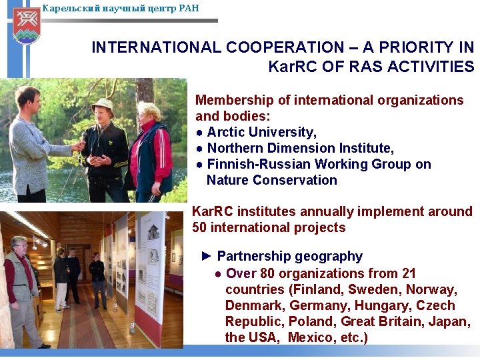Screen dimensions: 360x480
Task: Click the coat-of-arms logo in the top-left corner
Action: pyautogui.click(x=26, y=25)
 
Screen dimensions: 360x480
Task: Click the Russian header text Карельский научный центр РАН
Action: pyautogui.click(x=120, y=9)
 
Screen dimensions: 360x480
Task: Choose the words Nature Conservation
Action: pyautogui.click(x=271, y=180)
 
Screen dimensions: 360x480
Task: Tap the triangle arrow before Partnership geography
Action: pyautogui.click(x=207, y=256)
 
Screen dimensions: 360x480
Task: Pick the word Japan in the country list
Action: pyautogui.click(x=451, y=321)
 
